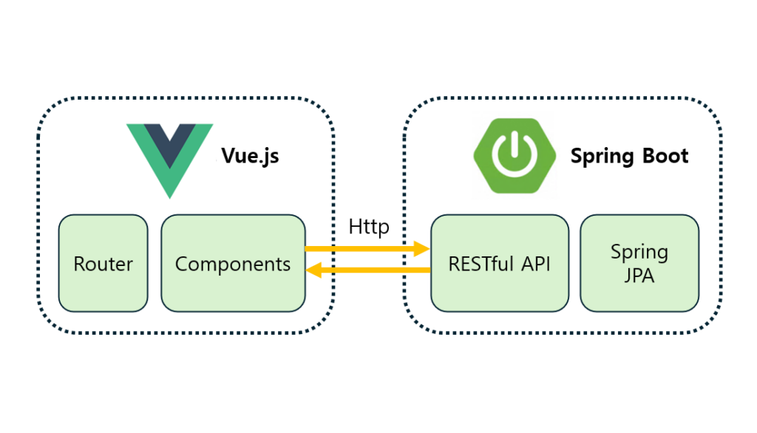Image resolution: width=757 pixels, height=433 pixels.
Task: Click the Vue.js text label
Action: [x=250, y=157]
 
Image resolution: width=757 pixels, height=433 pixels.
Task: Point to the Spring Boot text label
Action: [x=629, y=157]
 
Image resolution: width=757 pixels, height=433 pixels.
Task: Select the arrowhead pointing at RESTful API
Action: [x=423, y=249]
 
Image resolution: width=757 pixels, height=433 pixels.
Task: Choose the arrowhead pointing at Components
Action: [x=313, y=270]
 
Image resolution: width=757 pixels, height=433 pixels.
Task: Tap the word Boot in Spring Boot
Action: [x=665, y=157]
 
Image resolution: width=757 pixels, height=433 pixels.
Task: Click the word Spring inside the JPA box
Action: [x=639, y=253]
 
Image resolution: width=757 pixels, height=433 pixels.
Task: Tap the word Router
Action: [x=103, y=264]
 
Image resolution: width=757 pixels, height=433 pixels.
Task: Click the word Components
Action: [x=233, y=264]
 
